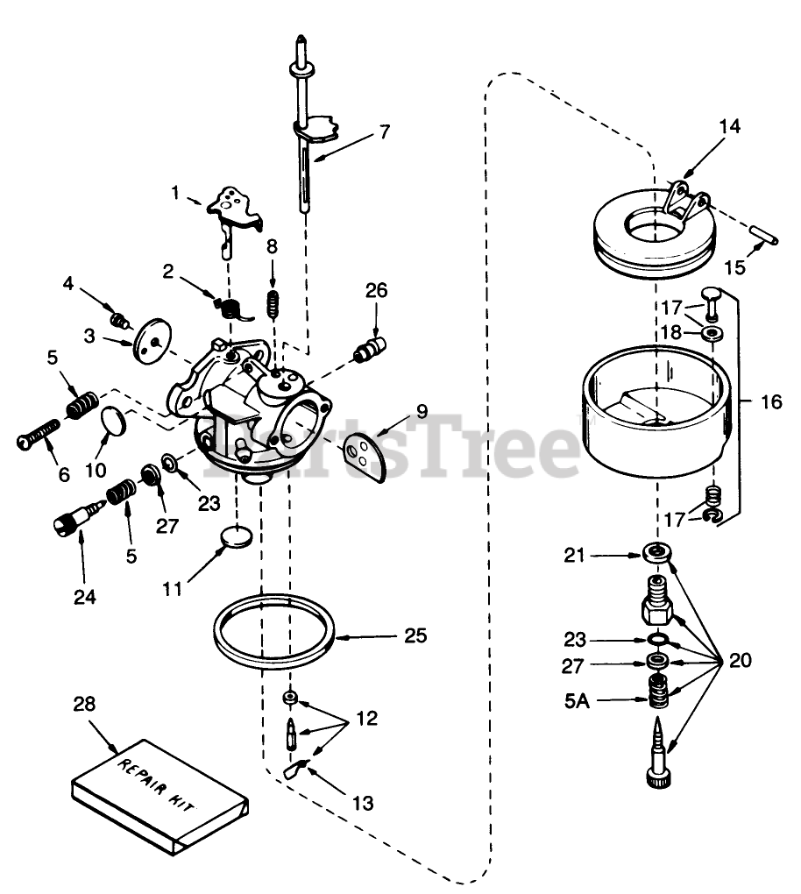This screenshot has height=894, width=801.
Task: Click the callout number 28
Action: click(x=84, y=705)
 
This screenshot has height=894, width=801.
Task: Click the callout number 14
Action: click(x=729, y=126)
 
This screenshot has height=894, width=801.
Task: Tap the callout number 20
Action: click(x=740, y=660)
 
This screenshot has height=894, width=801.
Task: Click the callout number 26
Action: click(x=377, y=289)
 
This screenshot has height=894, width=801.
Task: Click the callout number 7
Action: click(x=384, y=133)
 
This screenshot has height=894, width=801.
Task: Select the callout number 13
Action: click(x=361, y=802)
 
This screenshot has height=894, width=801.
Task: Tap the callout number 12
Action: click(x=367, y=720)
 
